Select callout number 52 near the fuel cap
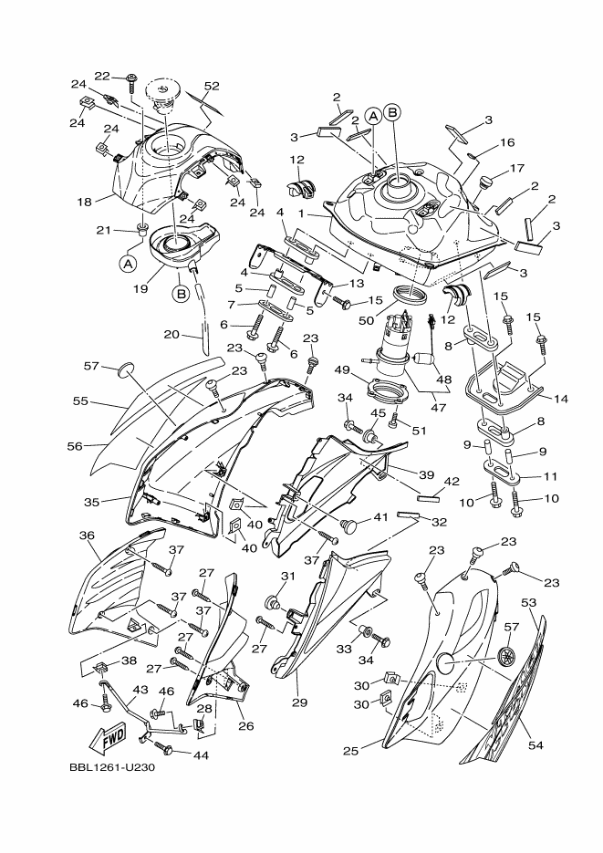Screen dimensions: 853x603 [x=212, y=87]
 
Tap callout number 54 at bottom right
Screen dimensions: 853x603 [x=535, y=745]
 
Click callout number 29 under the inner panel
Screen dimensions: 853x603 [x=299, y=702]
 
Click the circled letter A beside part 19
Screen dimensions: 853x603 [x=126, y=263]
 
